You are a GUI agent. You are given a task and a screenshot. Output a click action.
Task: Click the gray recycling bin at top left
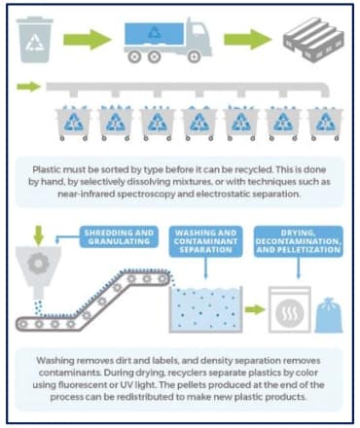pos(35,40)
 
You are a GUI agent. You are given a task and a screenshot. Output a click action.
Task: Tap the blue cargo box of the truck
pos(154,33)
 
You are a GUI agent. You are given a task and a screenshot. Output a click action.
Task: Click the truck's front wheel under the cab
pos(194,57)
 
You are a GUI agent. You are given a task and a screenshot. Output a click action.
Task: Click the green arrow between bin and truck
pos(88,39)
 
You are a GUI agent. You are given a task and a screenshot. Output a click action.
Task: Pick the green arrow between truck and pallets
pos(248,39)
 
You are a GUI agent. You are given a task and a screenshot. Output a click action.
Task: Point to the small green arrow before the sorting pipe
pos(29,87)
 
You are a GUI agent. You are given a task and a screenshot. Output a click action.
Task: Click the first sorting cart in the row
pos(74,124)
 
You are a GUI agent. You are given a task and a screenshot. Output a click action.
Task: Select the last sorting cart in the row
pos(325,124)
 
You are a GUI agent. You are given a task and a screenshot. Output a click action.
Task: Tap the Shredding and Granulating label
pos(119,237)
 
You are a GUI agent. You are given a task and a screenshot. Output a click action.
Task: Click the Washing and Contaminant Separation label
pos(205,241)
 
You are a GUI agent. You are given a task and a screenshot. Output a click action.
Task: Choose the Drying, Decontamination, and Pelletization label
pos(298,241)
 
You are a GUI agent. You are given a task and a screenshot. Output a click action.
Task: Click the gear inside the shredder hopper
pos(38,264)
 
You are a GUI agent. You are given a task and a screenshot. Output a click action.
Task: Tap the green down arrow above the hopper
pos(39,235)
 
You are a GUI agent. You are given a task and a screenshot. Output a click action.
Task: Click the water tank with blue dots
pos(206,309)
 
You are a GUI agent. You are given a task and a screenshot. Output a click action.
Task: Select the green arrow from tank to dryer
pos(255,309)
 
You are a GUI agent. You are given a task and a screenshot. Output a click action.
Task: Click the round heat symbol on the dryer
pos(290,313)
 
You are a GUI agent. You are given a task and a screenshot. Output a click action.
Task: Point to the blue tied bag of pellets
pos(329,315)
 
